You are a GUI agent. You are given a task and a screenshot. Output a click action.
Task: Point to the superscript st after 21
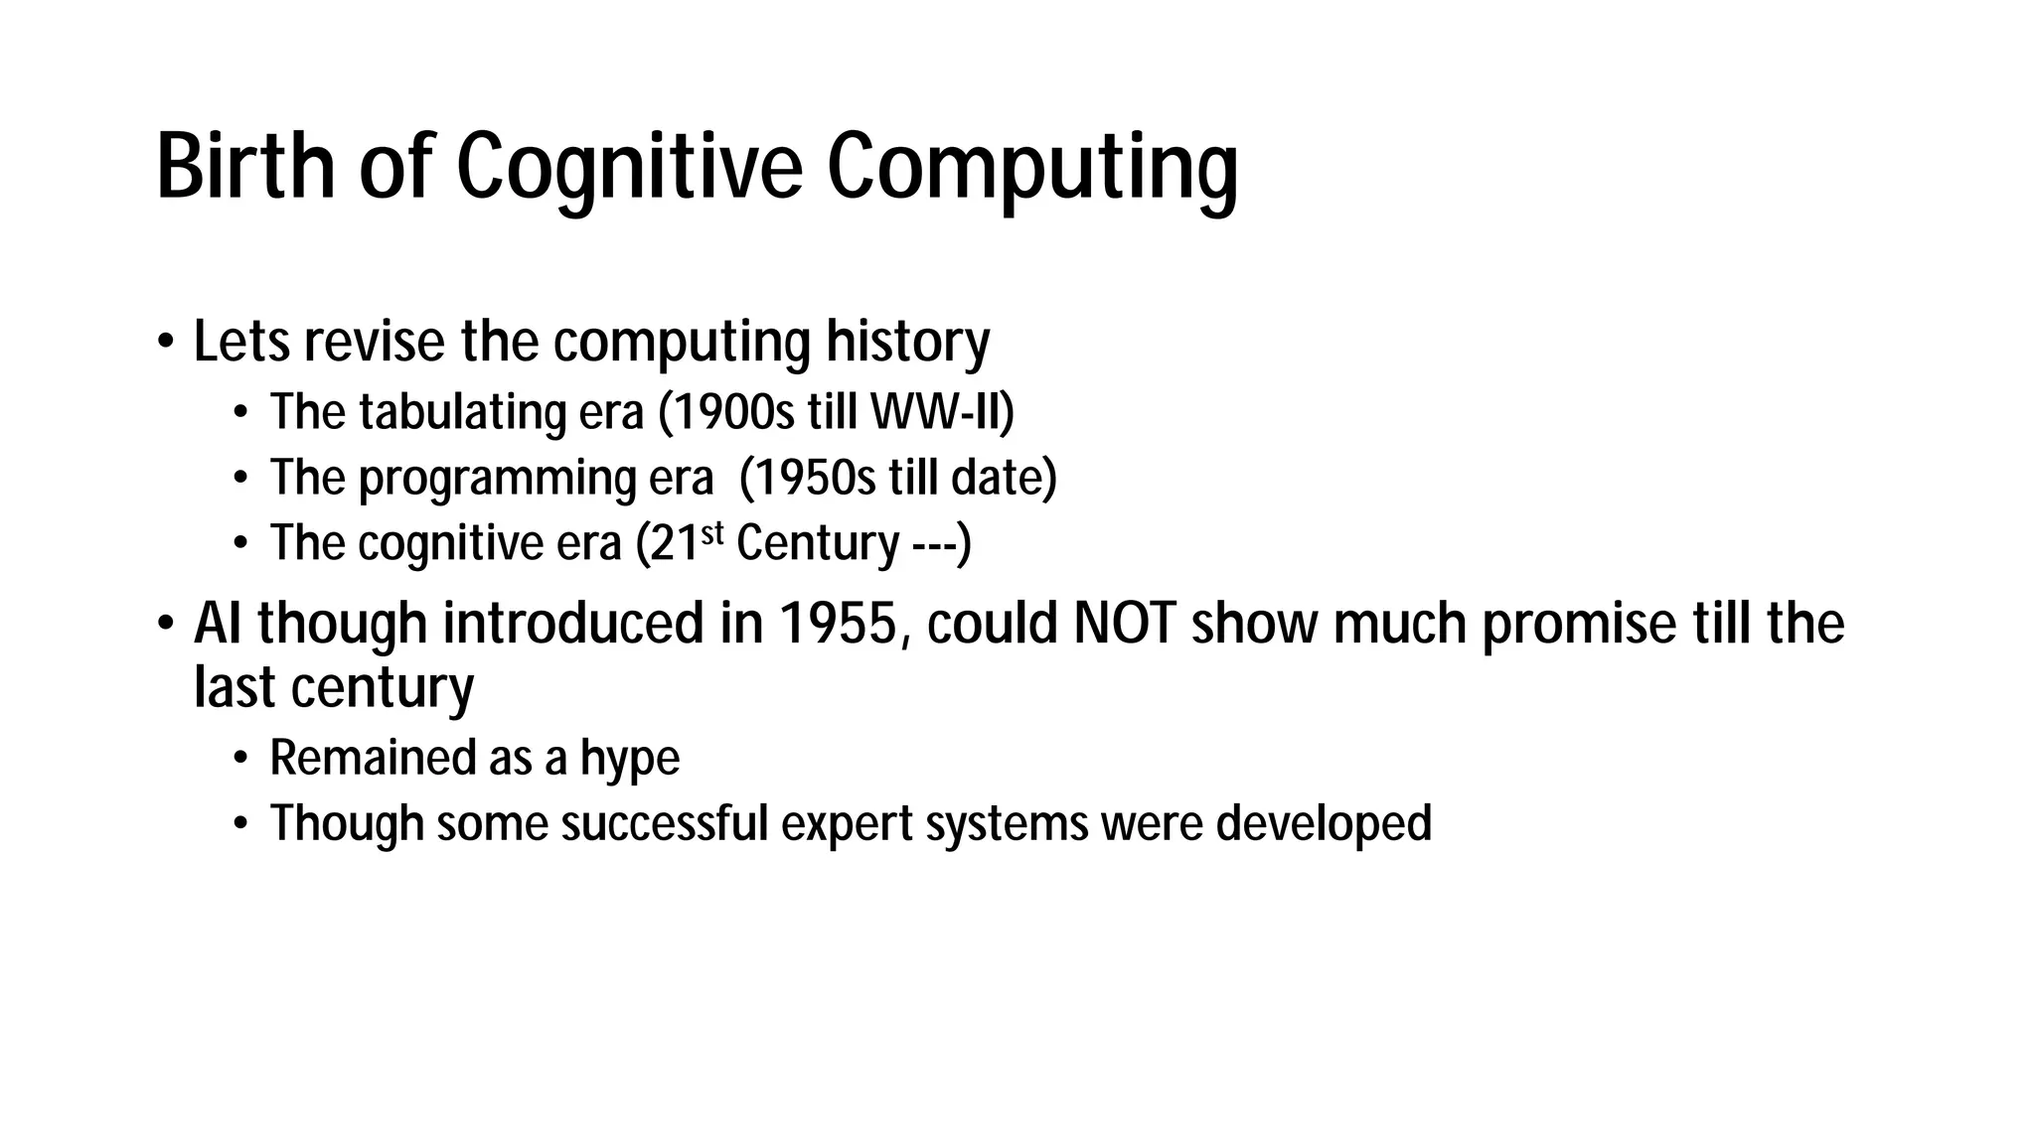pyautogui.click(x=712, y=533)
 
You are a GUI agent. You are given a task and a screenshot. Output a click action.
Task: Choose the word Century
pyautogui.click(x=817, y=543)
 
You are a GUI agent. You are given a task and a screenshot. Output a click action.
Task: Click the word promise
pyautogui.click(x=1579, y=624)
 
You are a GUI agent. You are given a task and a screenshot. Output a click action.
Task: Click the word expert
pyautogui.click(x=847, y=824)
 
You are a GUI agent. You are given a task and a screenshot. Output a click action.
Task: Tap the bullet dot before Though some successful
pyautogui.click(x=239, y=825)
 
